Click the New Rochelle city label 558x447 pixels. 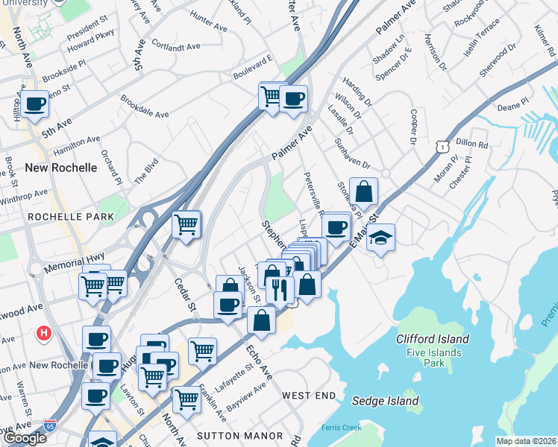click(x=61, y=168)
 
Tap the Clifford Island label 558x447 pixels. click(x=433, y=339)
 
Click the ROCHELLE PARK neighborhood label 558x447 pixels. click(x=71, y=217)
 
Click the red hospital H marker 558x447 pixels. click(x=44, y=332)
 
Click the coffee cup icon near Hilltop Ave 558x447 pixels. click(x=34, y=105)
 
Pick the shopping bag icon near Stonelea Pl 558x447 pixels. click(x=363, y=191)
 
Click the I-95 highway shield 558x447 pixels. click(x=50, y=426)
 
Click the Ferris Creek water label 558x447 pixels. click(x=341, y=428)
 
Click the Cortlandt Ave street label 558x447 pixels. click(x=176, y=46)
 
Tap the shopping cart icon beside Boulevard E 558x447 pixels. click(x=272, y=95)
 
